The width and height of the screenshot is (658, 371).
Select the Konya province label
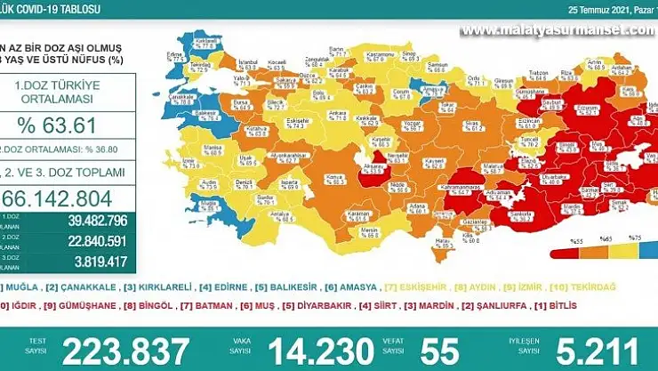point(310,175)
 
